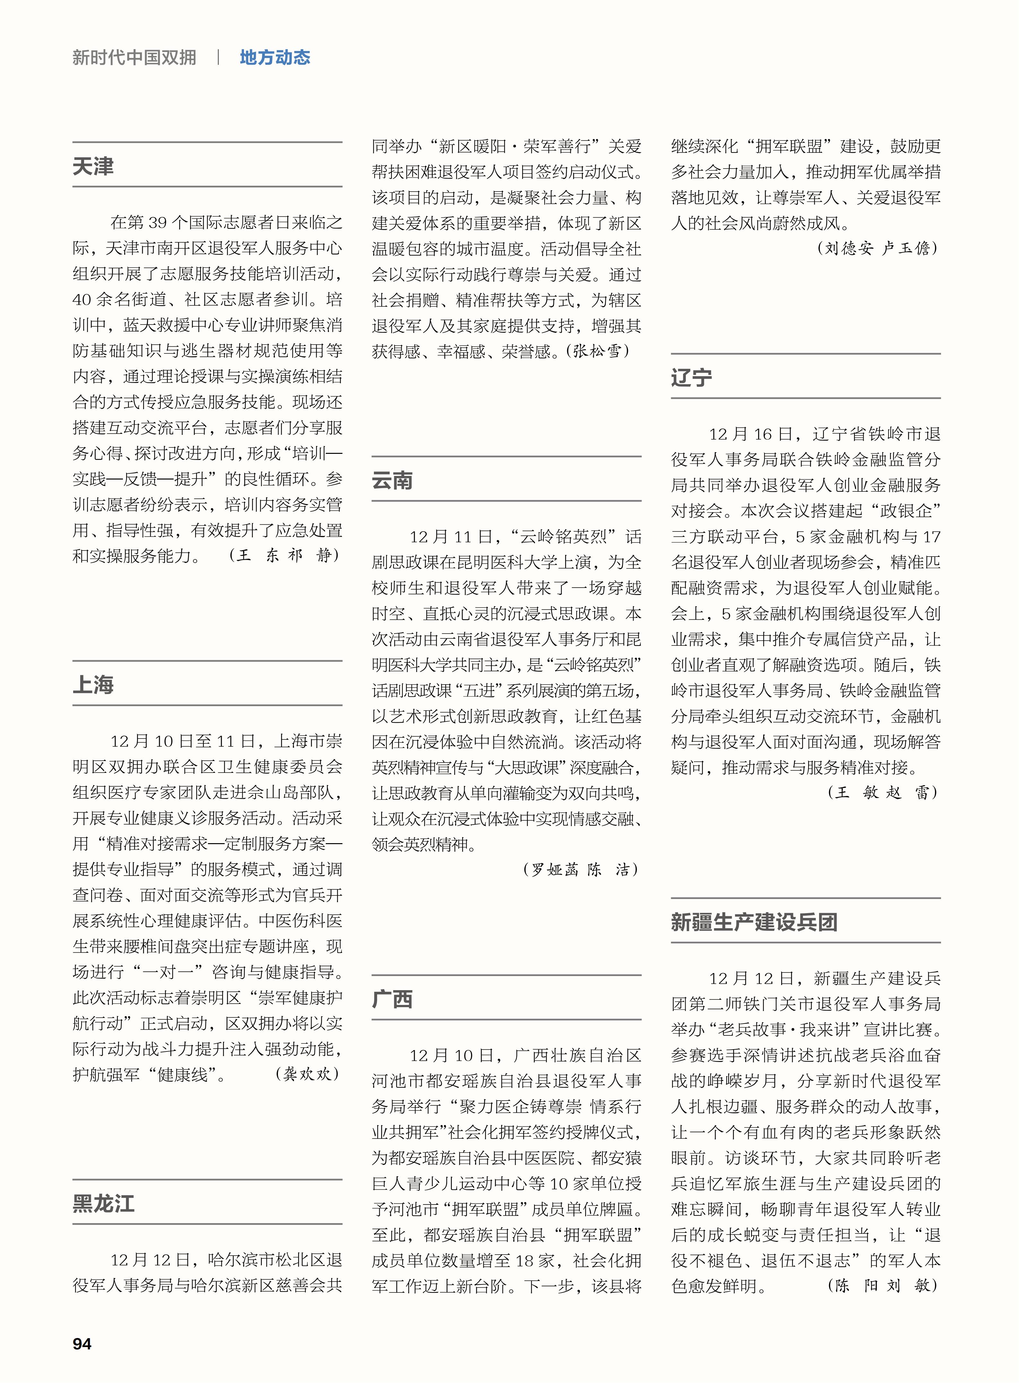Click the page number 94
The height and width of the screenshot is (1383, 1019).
point(82,1344)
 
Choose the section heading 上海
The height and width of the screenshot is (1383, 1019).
point(93,684)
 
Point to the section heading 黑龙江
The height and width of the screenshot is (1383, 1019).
point(104,1203)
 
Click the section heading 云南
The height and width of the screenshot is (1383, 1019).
point(392,480)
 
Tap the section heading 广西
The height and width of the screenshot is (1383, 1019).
point(392,999)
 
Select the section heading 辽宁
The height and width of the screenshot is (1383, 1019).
point(691,377)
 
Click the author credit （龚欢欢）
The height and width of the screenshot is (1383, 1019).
point(307,1074)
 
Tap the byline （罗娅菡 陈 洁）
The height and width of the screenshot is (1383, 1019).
point(581,869)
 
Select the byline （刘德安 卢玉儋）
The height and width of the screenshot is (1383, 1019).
point(877,248)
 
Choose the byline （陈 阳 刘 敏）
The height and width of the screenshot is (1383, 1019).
point(883,1285)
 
